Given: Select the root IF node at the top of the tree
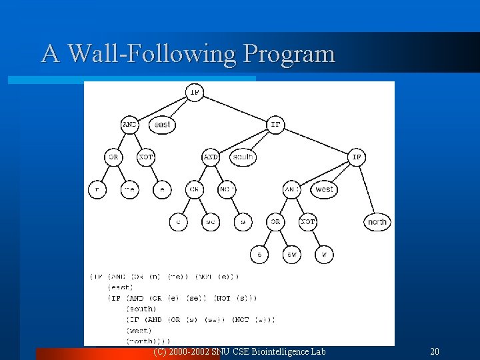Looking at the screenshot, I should pyautogui.click(x=195, y=92).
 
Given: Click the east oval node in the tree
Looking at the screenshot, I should pyautogui.click(x=162, y=124).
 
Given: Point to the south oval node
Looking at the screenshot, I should pyautogui.click(x=243, y=157).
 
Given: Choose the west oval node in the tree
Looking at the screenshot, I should pyautogui.click(x=324, y=189).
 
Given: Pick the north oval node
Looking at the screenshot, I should pyautogui.click(x=377, y=221).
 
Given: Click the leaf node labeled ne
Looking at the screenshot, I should pyautogui.click(x=130, y=189).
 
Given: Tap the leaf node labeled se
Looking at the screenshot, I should pyautogui.click(x=211, y=221).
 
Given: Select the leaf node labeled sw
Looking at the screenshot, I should pyautogui.click(x=291, y=254).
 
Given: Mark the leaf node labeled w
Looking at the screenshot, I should pyautogui.click(x=324, y=254).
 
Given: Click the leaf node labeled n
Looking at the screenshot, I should pyautogui.click(x=97, y=189).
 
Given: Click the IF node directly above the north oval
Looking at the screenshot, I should pyautogui.click(x=357, y=157).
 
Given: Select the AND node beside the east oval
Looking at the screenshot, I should pyautogui.click(x=130, y=124).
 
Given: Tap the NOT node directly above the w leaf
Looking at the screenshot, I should pyautogui.click(x=308, y=221).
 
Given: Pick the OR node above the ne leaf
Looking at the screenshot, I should pyautogui.click(x=113, y=157).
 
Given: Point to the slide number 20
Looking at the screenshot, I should pyautogui.click(x=435, y=351).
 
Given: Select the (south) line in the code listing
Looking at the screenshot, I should pyautogui.click(x=141, y=309).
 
